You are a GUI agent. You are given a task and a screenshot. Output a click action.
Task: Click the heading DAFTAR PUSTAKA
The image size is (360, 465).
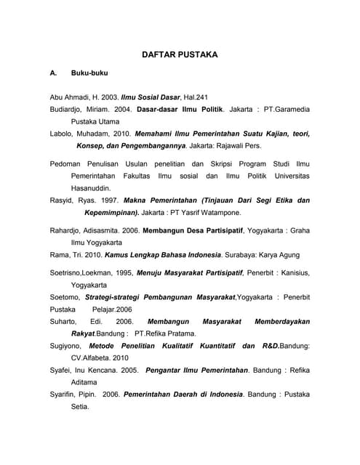pyautogui.click(x=180, y=54)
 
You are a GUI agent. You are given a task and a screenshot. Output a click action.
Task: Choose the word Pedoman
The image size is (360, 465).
pyautogui.click(x=68, y=163)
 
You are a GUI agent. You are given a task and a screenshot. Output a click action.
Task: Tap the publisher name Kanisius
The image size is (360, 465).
pyautogui.click(x=292, y=273)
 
